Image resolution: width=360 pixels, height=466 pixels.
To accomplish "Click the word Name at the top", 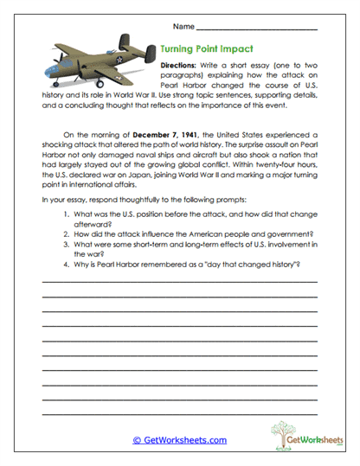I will tap(207, 27).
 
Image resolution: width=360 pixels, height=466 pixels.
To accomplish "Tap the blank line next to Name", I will tap(268, 29).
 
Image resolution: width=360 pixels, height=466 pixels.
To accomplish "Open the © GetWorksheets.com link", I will tap(179, 439).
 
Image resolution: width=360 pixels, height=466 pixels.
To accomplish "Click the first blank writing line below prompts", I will tap(179, 282).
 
